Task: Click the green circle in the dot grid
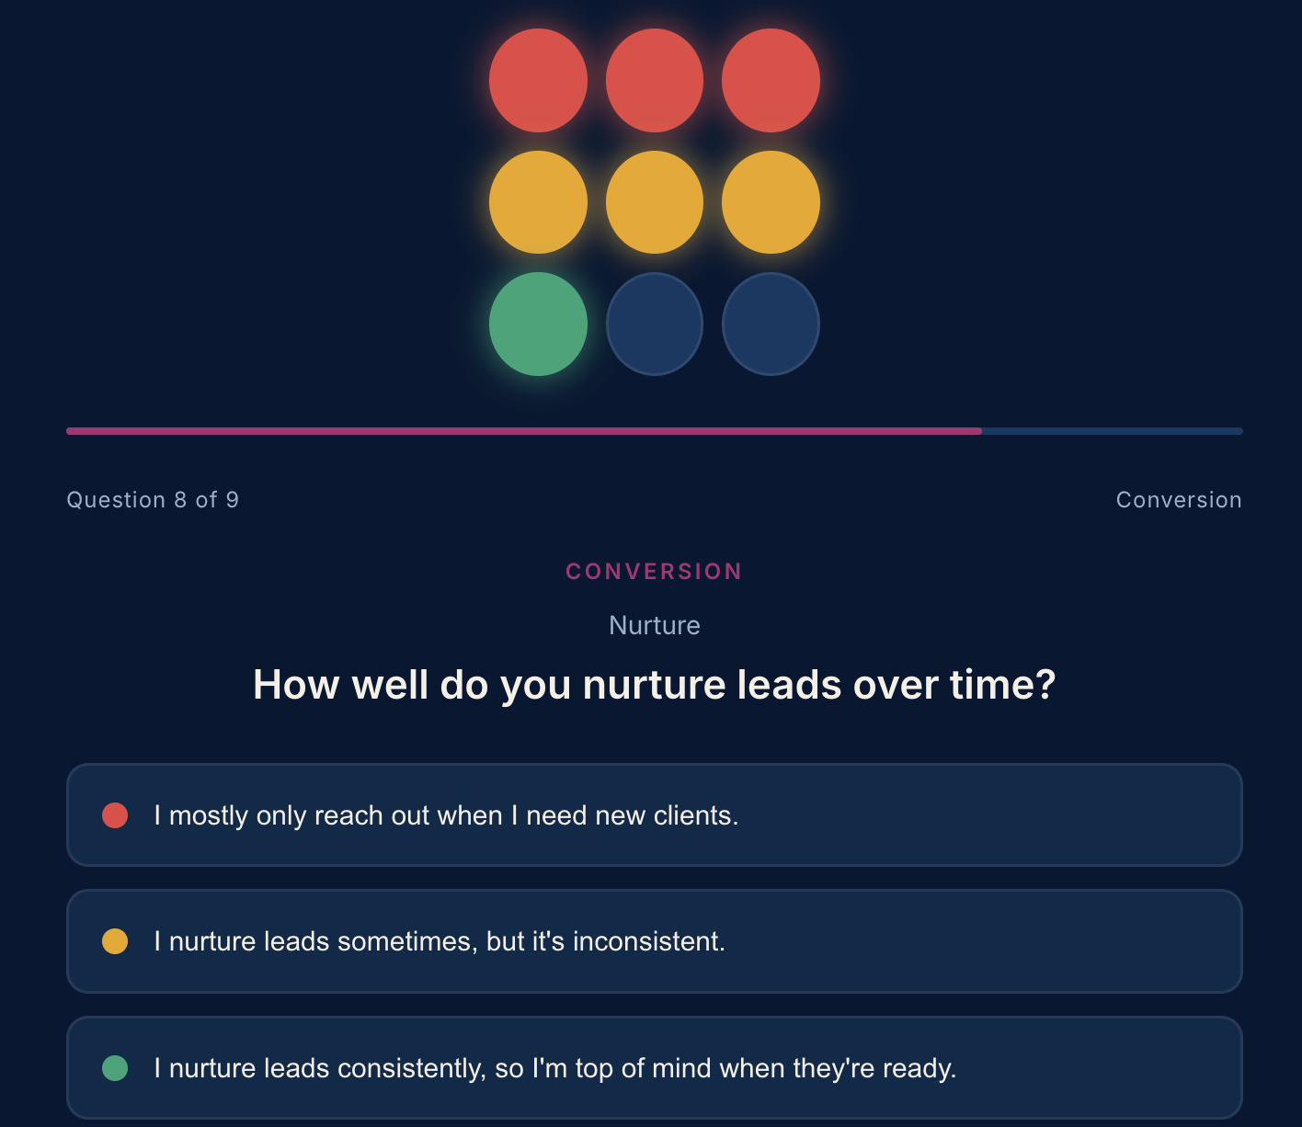(538, 324)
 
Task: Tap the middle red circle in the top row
(655, 81)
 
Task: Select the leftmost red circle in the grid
(538, 81)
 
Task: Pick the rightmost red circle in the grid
(771, 81)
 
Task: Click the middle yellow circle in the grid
(655, 202)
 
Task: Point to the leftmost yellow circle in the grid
(538, 202)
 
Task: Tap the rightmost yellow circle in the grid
(771, 202)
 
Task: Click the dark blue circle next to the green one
(655, 324)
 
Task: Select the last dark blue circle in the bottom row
(771, 324)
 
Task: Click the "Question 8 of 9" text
(153, 500)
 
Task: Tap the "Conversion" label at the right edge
(1179, 500)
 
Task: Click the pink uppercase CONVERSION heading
(654, 572)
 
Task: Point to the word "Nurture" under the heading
(655, 625)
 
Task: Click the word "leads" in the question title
(789, 685)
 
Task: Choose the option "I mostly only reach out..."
(655, 815)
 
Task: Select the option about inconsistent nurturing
(655, 941)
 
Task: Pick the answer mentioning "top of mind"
(655, 1068)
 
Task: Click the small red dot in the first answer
(115, 815)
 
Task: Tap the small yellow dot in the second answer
(115, 941)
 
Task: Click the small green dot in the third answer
(115, 1068)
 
